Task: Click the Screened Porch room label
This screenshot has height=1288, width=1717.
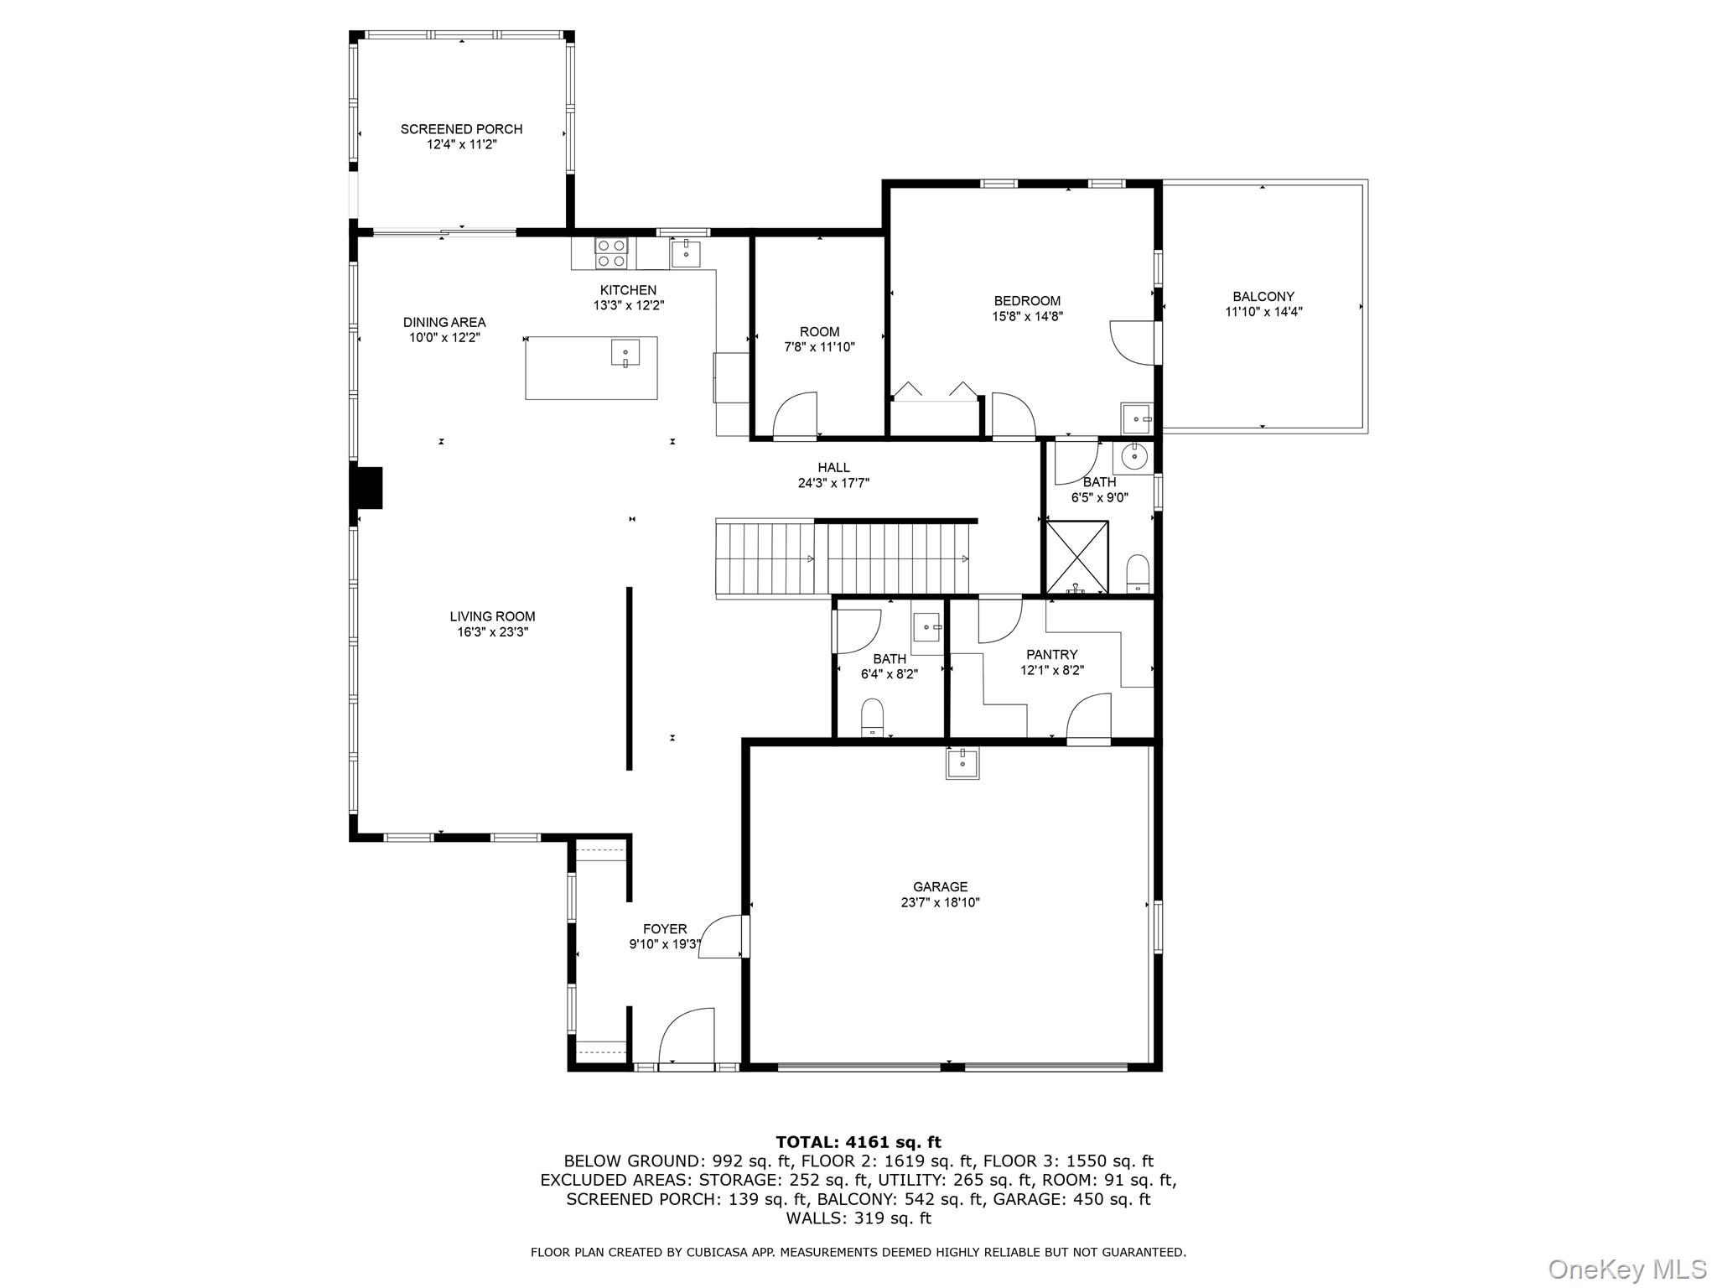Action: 461,129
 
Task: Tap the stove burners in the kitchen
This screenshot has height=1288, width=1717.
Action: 611,253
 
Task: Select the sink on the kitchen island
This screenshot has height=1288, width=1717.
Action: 625,353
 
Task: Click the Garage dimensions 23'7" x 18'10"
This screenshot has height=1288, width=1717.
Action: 940,902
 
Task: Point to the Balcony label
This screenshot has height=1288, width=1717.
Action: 1263,296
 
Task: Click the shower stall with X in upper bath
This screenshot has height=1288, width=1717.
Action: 1077,557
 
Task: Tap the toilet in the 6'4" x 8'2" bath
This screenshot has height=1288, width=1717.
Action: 873,719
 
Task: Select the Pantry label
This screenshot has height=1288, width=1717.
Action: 1051,654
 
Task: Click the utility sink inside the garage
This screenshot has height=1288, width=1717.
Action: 962,763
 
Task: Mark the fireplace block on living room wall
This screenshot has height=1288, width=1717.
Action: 367,488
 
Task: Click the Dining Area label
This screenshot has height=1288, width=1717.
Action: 444,322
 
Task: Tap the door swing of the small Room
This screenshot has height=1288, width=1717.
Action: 795,415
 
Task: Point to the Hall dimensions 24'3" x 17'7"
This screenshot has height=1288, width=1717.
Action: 833,483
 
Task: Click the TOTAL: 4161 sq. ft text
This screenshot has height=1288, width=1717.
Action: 858,1142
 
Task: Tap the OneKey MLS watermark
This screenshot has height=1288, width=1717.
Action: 1626,1269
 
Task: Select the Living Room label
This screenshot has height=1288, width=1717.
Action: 492,616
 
